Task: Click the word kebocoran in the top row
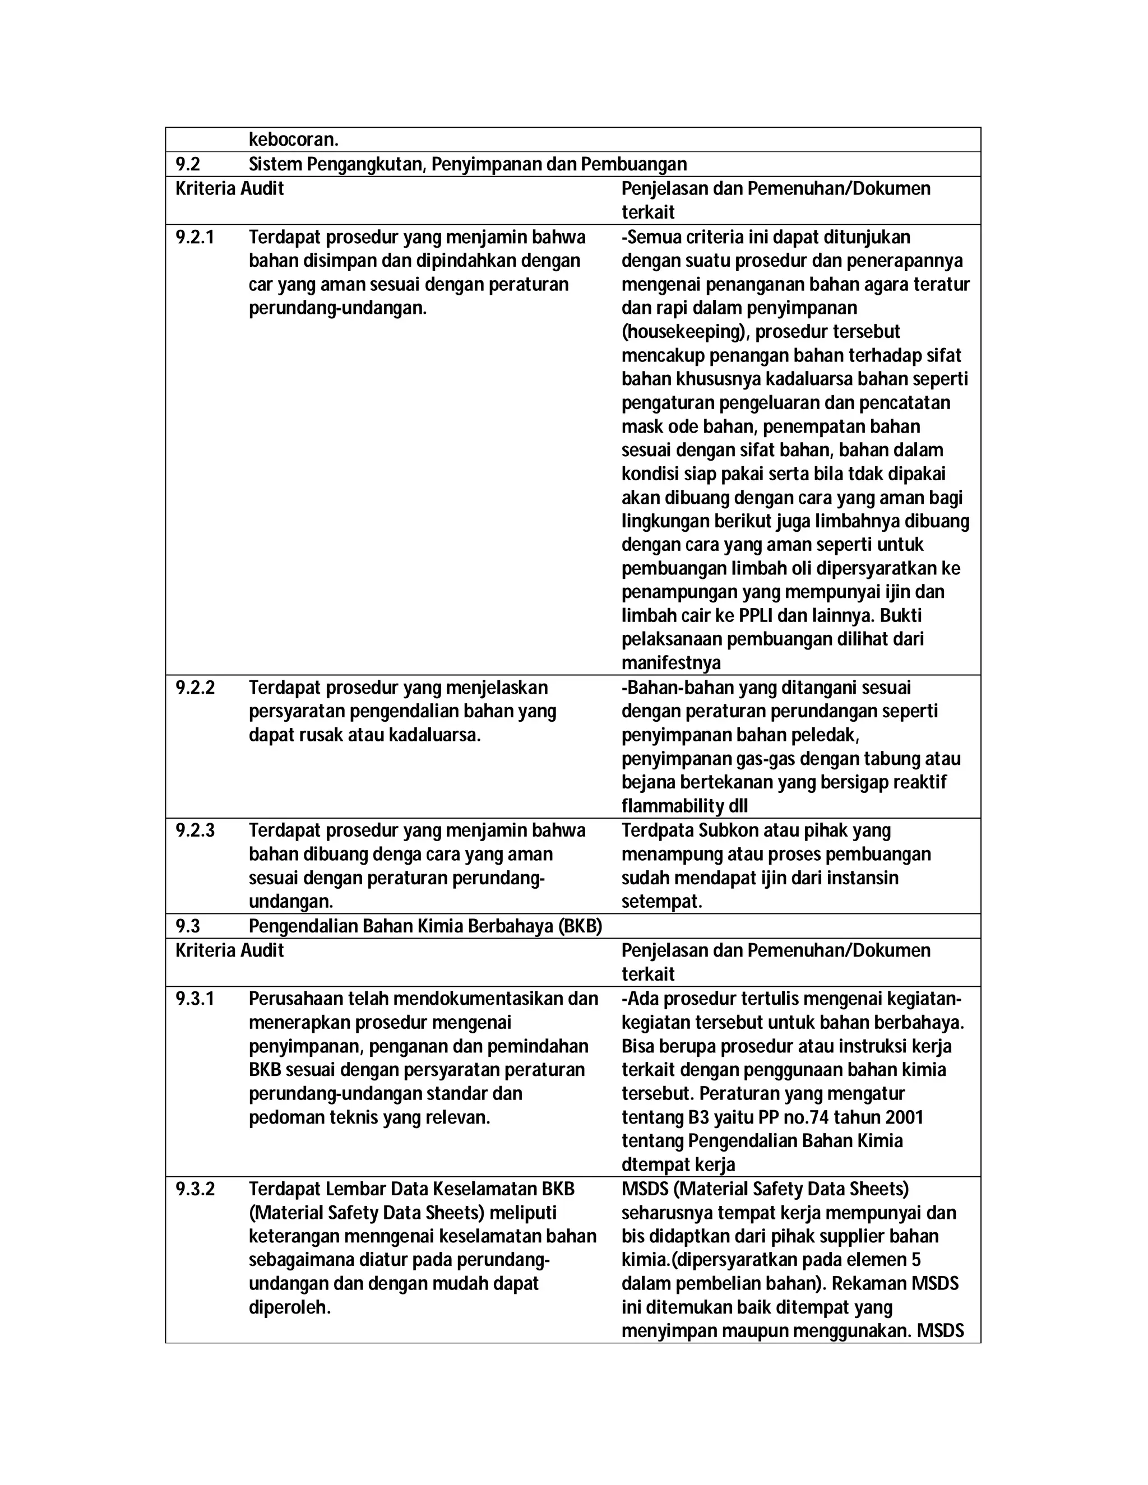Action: (293, 140)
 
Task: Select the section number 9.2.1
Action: (195, 237)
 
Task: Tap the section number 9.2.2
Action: (195, 688)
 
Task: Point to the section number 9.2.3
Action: (195, 830)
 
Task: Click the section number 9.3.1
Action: (195, 998)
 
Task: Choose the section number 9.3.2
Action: (195, 1189)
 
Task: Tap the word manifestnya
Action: (670, 663)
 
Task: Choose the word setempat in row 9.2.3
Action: (660, 902)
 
